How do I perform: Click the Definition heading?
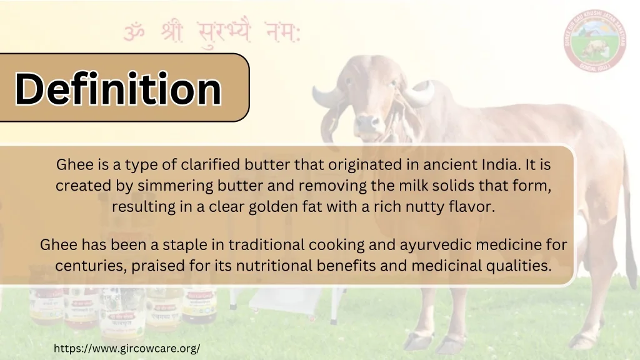(119, 88)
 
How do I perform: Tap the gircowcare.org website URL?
(127, 348)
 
